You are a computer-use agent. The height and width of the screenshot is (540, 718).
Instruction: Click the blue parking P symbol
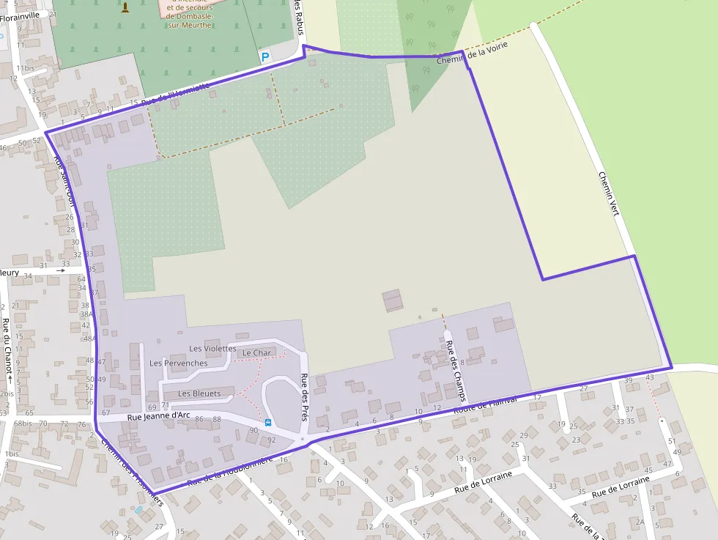[x=265, y=56]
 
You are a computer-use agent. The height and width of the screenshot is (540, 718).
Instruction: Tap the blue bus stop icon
[x=268, y=422]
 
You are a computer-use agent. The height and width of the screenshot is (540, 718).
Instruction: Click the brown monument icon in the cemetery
[x=125, y=7]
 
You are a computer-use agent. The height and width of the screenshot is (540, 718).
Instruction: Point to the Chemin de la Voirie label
[x=472, y=53]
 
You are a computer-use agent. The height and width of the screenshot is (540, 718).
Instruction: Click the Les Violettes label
[x=212, y=349]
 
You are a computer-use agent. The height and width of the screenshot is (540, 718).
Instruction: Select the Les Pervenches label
[x=178, y=363]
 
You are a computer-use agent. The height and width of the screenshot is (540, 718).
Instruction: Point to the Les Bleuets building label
[x=199, y=393]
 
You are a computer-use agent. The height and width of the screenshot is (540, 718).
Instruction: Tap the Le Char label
[x=256, y=353]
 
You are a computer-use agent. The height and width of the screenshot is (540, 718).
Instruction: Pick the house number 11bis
[x=25, y=68]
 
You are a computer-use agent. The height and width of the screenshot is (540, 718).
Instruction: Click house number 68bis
[x=23, y=424]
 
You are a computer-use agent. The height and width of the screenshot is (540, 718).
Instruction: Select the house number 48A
[x=89, y=339]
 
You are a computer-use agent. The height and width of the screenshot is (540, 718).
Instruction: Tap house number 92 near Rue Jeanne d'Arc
[x=271, y=440]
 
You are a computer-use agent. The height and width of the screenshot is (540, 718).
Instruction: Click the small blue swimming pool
[x=138, y=509]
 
